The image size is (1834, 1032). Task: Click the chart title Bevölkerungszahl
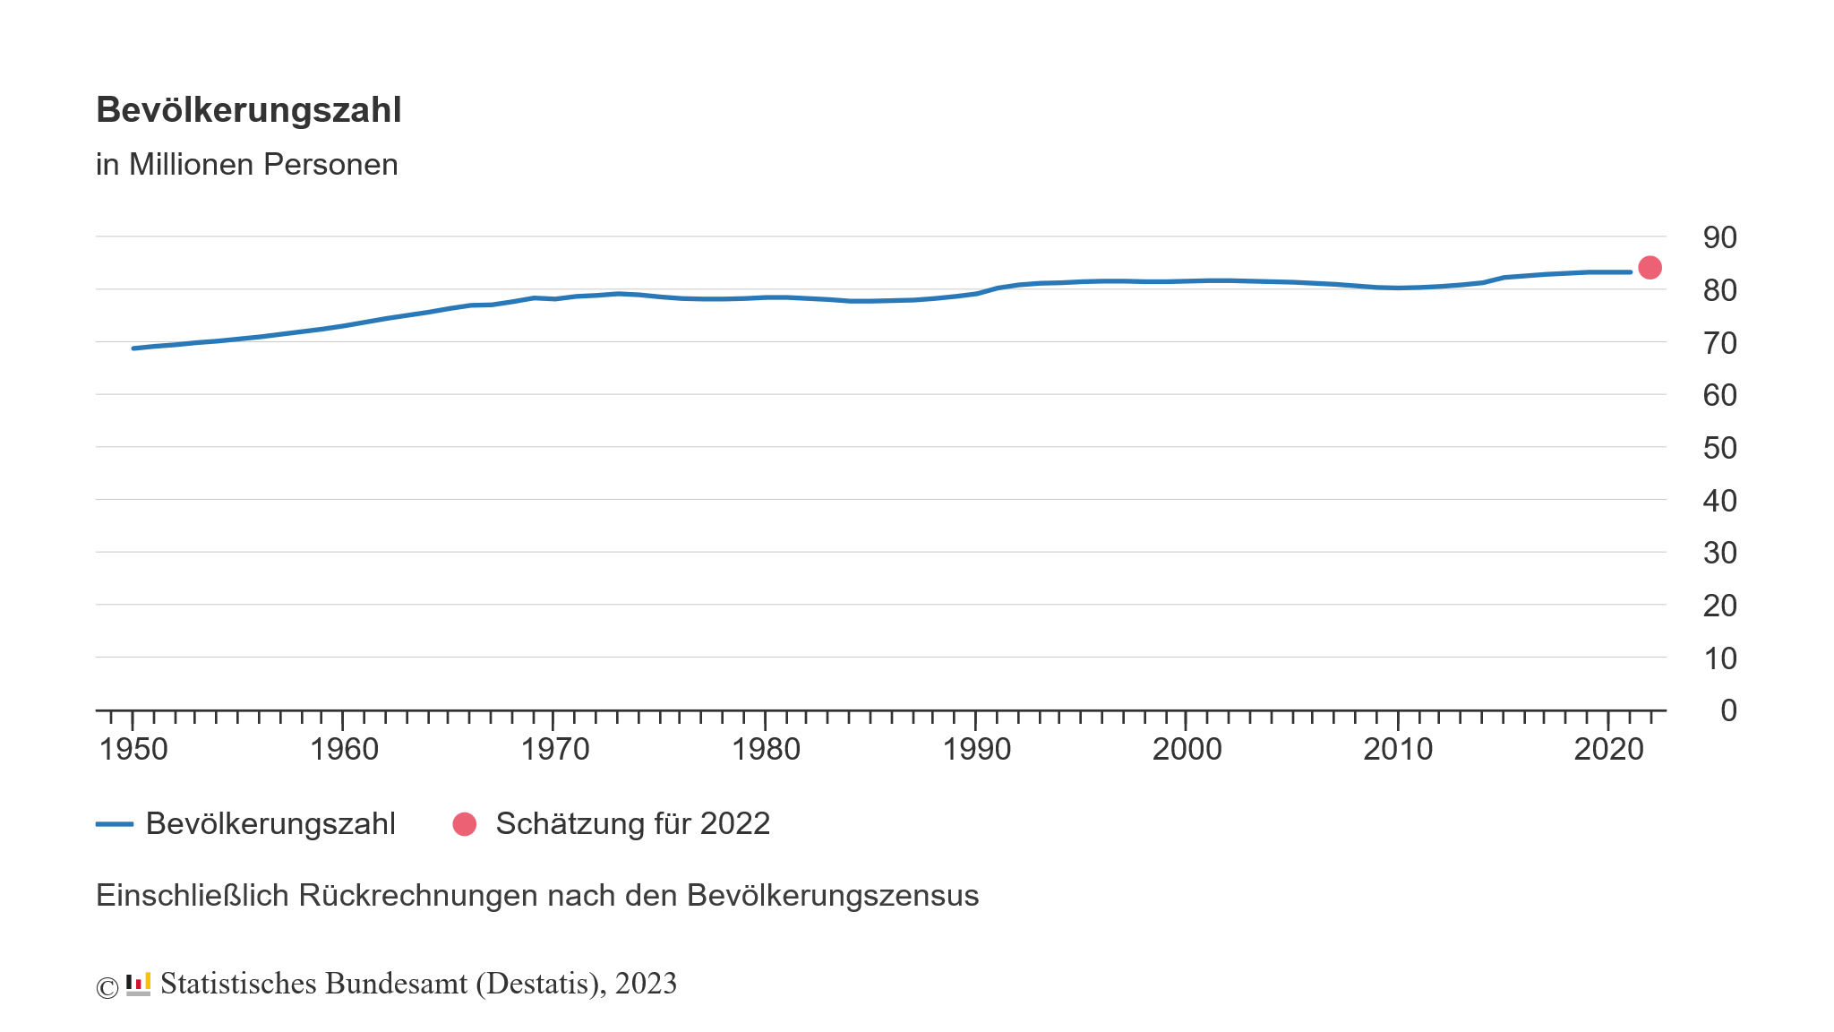(x=249, y=110)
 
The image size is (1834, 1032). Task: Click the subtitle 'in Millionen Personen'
(x=247, y=165)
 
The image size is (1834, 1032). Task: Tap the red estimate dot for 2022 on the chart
(x=1650, y=267)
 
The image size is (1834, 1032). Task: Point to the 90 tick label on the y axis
(x=1719, y=237)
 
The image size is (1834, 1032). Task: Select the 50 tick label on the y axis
(x=1719, y=448)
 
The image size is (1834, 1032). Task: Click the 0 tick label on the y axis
(x=1728, y=710)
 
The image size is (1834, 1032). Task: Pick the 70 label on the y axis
(x=1719, y=343)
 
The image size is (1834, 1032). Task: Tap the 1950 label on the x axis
(x=133, y=749)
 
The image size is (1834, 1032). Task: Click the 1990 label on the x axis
(x=976, y=749)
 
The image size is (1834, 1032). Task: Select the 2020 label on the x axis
(x=1608, y=749)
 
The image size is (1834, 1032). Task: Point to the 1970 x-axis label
(x=555, y=749)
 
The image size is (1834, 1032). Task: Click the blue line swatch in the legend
(x=115, y=824)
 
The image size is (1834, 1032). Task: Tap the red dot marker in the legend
(x=465, y=824)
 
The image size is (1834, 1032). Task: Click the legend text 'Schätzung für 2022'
(x=633, y=824)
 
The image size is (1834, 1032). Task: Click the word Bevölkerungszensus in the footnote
(x=833, y=896)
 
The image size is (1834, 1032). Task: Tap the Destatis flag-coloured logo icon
(x=138, y=984)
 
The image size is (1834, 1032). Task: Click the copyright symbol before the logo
(x=107, y=987)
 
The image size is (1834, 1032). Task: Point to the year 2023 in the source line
(x=646, y=984)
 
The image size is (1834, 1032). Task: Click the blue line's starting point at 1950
(x=133, y=348)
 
